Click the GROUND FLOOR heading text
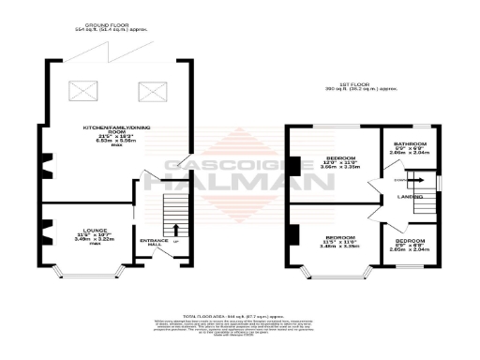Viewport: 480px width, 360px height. click(x=105, y=26)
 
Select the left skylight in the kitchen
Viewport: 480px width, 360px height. click(x=82, y=91)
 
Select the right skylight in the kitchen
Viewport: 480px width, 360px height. click(x=150, y=91)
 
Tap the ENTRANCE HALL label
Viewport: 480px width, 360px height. click(x=152, y=244)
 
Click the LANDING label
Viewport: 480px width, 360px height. click(x=410, y=196)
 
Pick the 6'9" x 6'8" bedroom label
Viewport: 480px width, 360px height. click(x=410, y=246)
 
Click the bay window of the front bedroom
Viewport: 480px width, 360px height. click(x=333, y=275)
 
